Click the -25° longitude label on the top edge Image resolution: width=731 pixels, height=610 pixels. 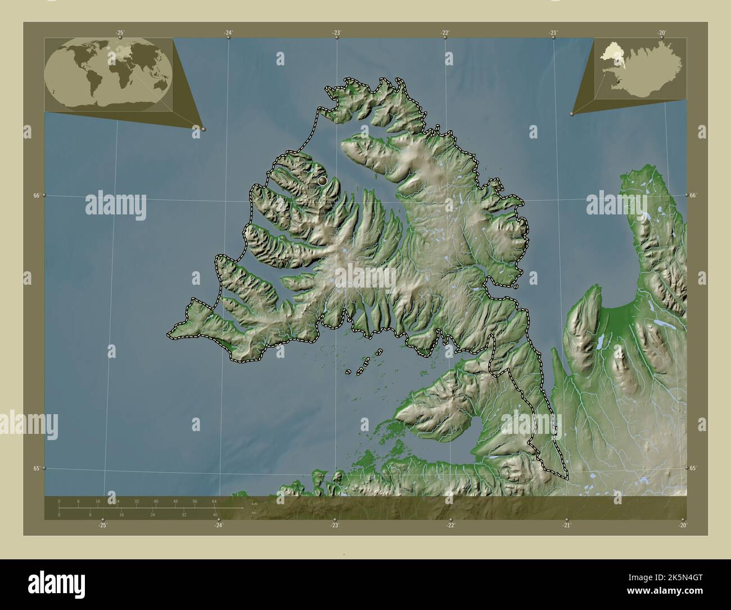[120, 33]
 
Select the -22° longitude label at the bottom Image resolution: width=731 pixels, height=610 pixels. [450, 525]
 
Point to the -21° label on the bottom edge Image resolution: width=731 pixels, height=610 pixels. [566, 525]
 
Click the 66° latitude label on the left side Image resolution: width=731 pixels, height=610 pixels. [37, 195]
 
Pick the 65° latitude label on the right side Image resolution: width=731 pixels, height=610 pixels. [693, 468]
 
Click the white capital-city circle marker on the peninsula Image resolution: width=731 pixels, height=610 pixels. [322, 181]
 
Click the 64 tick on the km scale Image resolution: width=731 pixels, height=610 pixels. [214, 501]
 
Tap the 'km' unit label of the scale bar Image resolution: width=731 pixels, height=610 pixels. [254, 503]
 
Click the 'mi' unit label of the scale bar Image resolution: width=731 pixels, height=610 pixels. [254, 513]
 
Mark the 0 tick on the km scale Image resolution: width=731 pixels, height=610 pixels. [59, 501]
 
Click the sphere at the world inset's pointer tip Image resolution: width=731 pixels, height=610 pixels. [203, 129]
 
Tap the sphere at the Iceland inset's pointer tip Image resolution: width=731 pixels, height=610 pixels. [571, 114]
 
